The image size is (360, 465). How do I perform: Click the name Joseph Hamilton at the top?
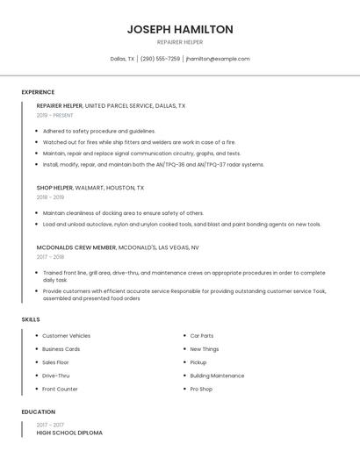[x=180, y=29]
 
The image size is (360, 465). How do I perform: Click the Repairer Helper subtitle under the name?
[x=180, y=42]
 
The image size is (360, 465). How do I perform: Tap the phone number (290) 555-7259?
[x=160, y=59]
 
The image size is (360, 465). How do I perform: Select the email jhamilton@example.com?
[x=218, y=59]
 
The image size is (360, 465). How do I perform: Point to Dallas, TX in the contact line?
[x=122, y=59]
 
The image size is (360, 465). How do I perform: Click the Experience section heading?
[x=38, y=92]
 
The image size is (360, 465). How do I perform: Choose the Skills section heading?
[x=31, y=319]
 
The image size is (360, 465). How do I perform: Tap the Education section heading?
[x=39, y=411]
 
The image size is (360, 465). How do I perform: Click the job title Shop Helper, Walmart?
[x=90, y=188]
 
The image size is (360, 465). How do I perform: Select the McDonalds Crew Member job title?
[x=118, y=247]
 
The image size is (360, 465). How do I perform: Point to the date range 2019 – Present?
[x=54, y=115]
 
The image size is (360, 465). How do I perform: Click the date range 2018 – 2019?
[x=50, y=197]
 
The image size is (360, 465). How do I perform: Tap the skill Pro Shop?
[x=201, y=389]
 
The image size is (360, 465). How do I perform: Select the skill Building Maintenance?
[x=217, y=376]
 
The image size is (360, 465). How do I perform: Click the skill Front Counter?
[x=60, y=389]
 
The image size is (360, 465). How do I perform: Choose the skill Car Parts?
[x=201, y=336]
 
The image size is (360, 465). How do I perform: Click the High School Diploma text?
[x=69, y=433]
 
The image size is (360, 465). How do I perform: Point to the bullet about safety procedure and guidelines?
[x=98, y=131]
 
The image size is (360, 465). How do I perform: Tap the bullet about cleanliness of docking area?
[x=123, y=213]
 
